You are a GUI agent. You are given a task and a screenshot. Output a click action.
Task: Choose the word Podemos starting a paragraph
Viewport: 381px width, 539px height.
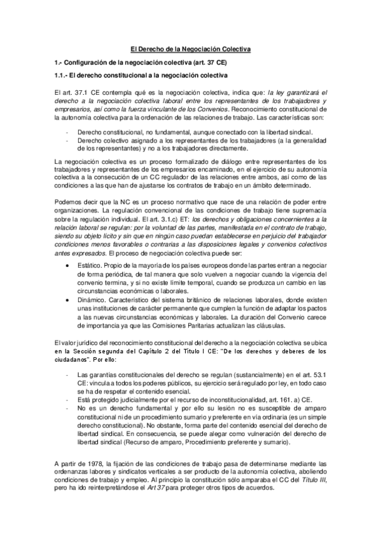pos(67,201)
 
